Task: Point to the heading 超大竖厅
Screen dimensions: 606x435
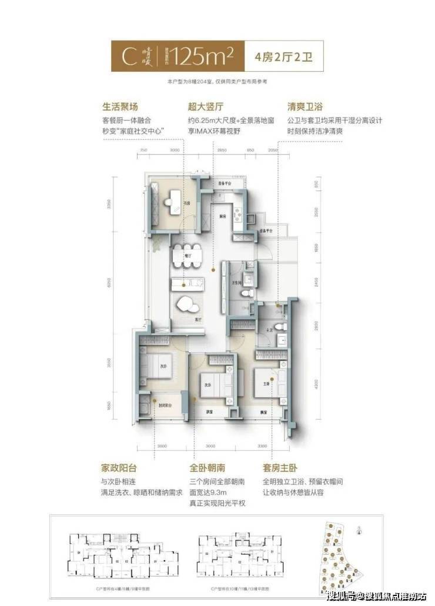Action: (x=203, y=108)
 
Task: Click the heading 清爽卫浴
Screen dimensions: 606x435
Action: (x=306, y=108)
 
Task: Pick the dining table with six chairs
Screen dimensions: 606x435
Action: (x=188, y=256)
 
